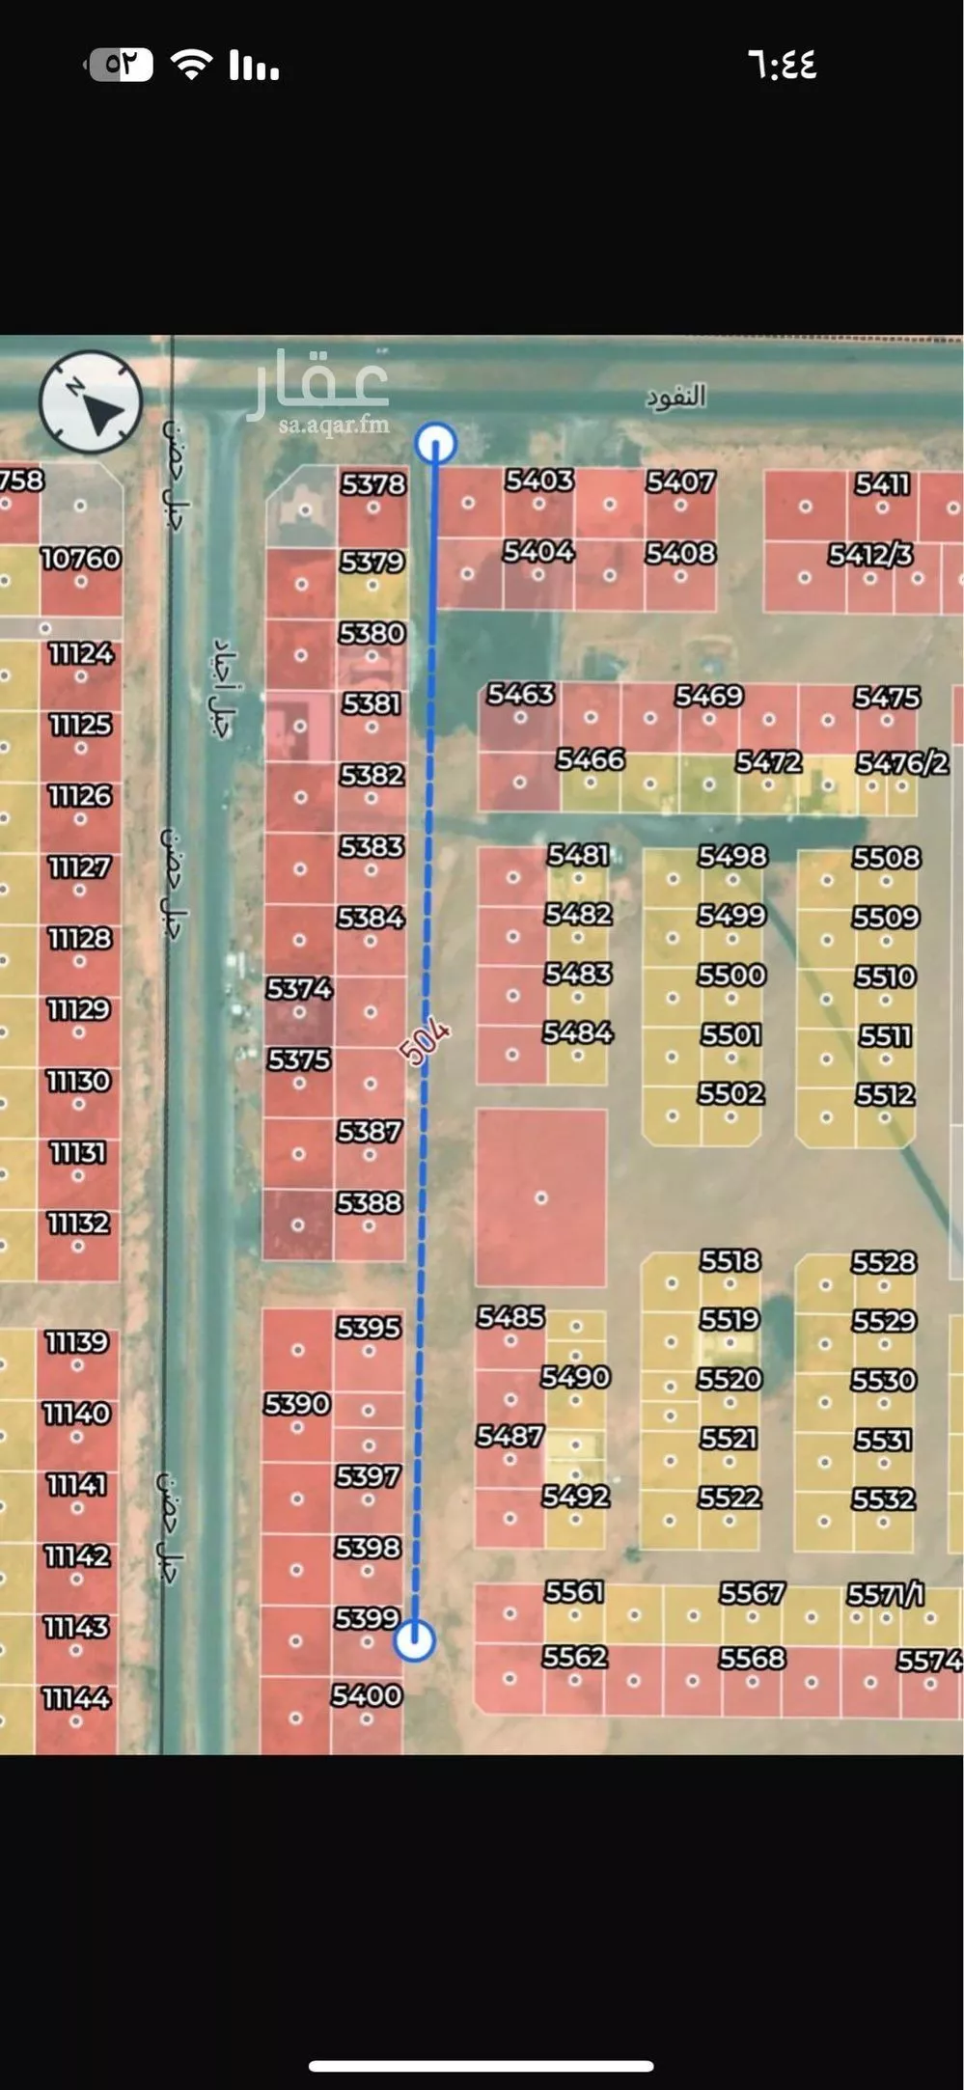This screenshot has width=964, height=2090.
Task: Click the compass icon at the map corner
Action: (91, 401)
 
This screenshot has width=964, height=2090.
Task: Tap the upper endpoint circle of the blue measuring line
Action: (435, 443)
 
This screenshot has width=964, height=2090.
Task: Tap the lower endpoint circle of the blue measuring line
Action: (415, 1639)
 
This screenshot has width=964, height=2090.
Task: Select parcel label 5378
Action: (372, 483)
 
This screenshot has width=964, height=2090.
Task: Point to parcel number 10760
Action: (80, 559)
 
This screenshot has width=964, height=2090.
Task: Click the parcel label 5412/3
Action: (869, 555)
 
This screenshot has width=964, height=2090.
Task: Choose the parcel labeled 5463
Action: (520, 694)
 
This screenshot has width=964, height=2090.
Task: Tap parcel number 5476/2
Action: (902, 763)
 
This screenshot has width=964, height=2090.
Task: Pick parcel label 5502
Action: (730, 1093)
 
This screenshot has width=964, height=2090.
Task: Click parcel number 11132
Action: (79, 1224)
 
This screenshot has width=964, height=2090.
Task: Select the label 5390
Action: (297, 1404)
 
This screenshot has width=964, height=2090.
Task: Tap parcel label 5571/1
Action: (885, 1595)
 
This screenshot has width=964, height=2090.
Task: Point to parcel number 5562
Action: (574, 1657)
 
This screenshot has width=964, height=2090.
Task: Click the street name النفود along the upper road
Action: (675, 397)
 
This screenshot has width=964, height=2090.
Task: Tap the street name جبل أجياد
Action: (223, 687)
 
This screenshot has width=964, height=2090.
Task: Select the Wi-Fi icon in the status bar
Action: (191, 65)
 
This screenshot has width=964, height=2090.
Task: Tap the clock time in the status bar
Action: (782, 65)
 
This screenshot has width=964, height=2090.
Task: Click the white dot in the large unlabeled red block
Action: (541, 1197)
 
